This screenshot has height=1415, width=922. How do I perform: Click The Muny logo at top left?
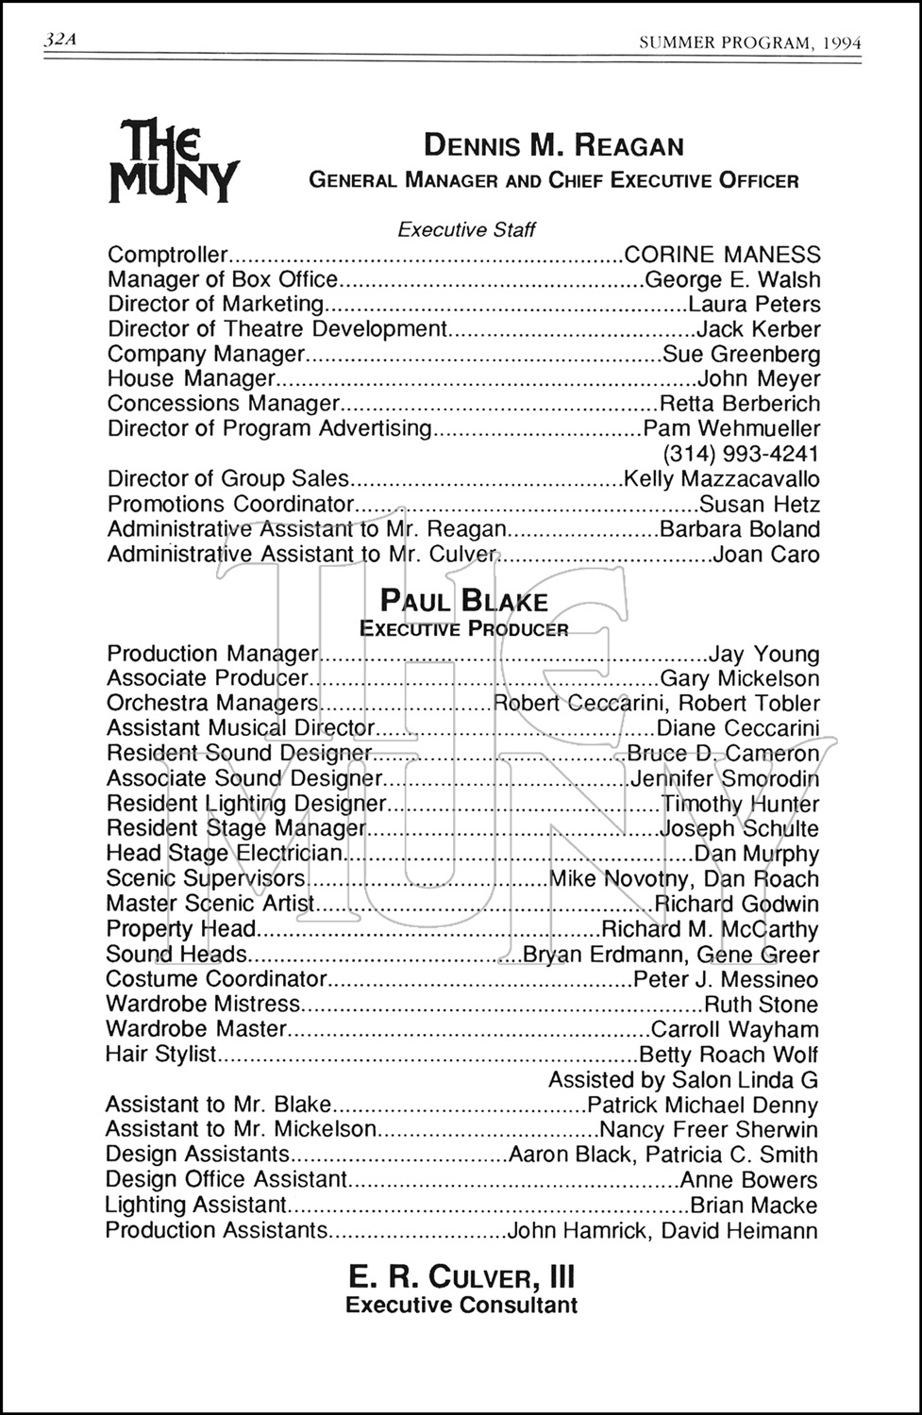click(173, 159)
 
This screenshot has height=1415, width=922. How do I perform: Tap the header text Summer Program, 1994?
click(749, 42)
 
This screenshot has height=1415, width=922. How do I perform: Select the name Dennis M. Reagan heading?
click(554, 145)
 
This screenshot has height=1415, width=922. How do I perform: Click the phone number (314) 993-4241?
click(742, 454)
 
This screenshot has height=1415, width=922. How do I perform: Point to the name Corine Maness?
click(722, 255)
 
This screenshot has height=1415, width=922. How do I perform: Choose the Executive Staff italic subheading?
click(466, 229)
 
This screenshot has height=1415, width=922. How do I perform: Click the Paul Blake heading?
click(463, 601)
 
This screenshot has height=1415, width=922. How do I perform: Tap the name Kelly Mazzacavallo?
click(722, 479)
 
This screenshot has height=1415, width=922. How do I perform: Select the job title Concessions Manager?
click(223, 404)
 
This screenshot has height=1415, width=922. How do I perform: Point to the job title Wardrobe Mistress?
click(203, 1005)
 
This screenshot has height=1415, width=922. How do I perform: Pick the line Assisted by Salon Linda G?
click(683, 1079)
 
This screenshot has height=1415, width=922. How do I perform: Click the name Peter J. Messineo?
click(726, 979)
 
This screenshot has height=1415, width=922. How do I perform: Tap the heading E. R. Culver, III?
click(461, 1277)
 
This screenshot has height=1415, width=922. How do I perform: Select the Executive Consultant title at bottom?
click(461, 1306)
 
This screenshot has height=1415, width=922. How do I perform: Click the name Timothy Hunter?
click(740, 804)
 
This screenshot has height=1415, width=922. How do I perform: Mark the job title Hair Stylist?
click(161, 1054)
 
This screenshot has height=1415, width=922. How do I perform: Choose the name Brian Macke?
click(754, 1205)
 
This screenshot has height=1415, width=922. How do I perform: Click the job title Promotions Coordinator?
click(230, 504)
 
